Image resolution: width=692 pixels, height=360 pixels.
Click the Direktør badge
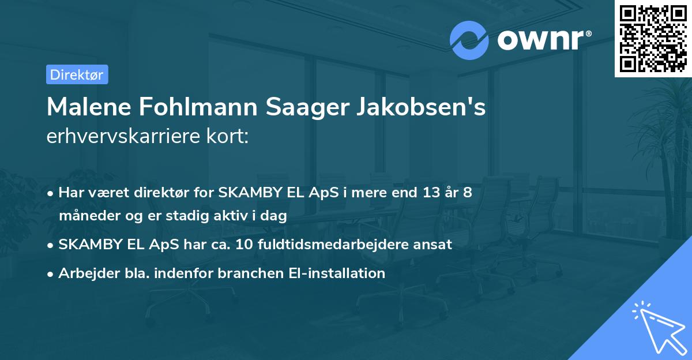tap(77, 74)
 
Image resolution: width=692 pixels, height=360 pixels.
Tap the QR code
tap(653, 38)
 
